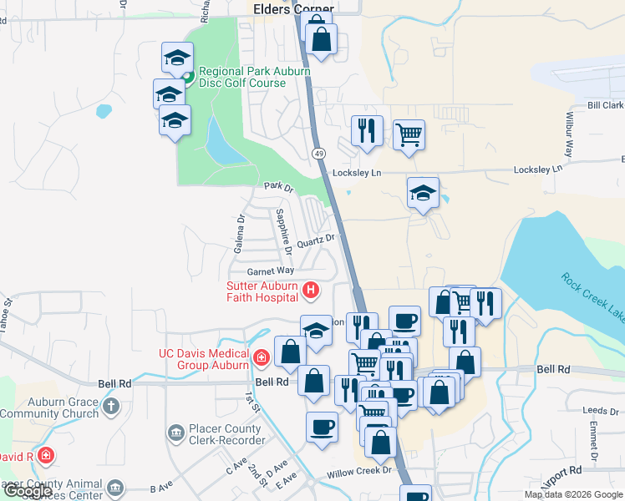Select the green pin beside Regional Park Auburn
[188, 78]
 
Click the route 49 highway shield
[319, 154]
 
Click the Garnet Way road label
[270, 271]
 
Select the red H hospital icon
[311, 291]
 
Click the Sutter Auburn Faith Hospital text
[262, 291]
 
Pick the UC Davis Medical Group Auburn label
[204, 359]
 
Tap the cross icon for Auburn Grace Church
[112, 407]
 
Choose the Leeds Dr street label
[600, 411]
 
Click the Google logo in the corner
[27, 491]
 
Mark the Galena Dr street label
[240, 235]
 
